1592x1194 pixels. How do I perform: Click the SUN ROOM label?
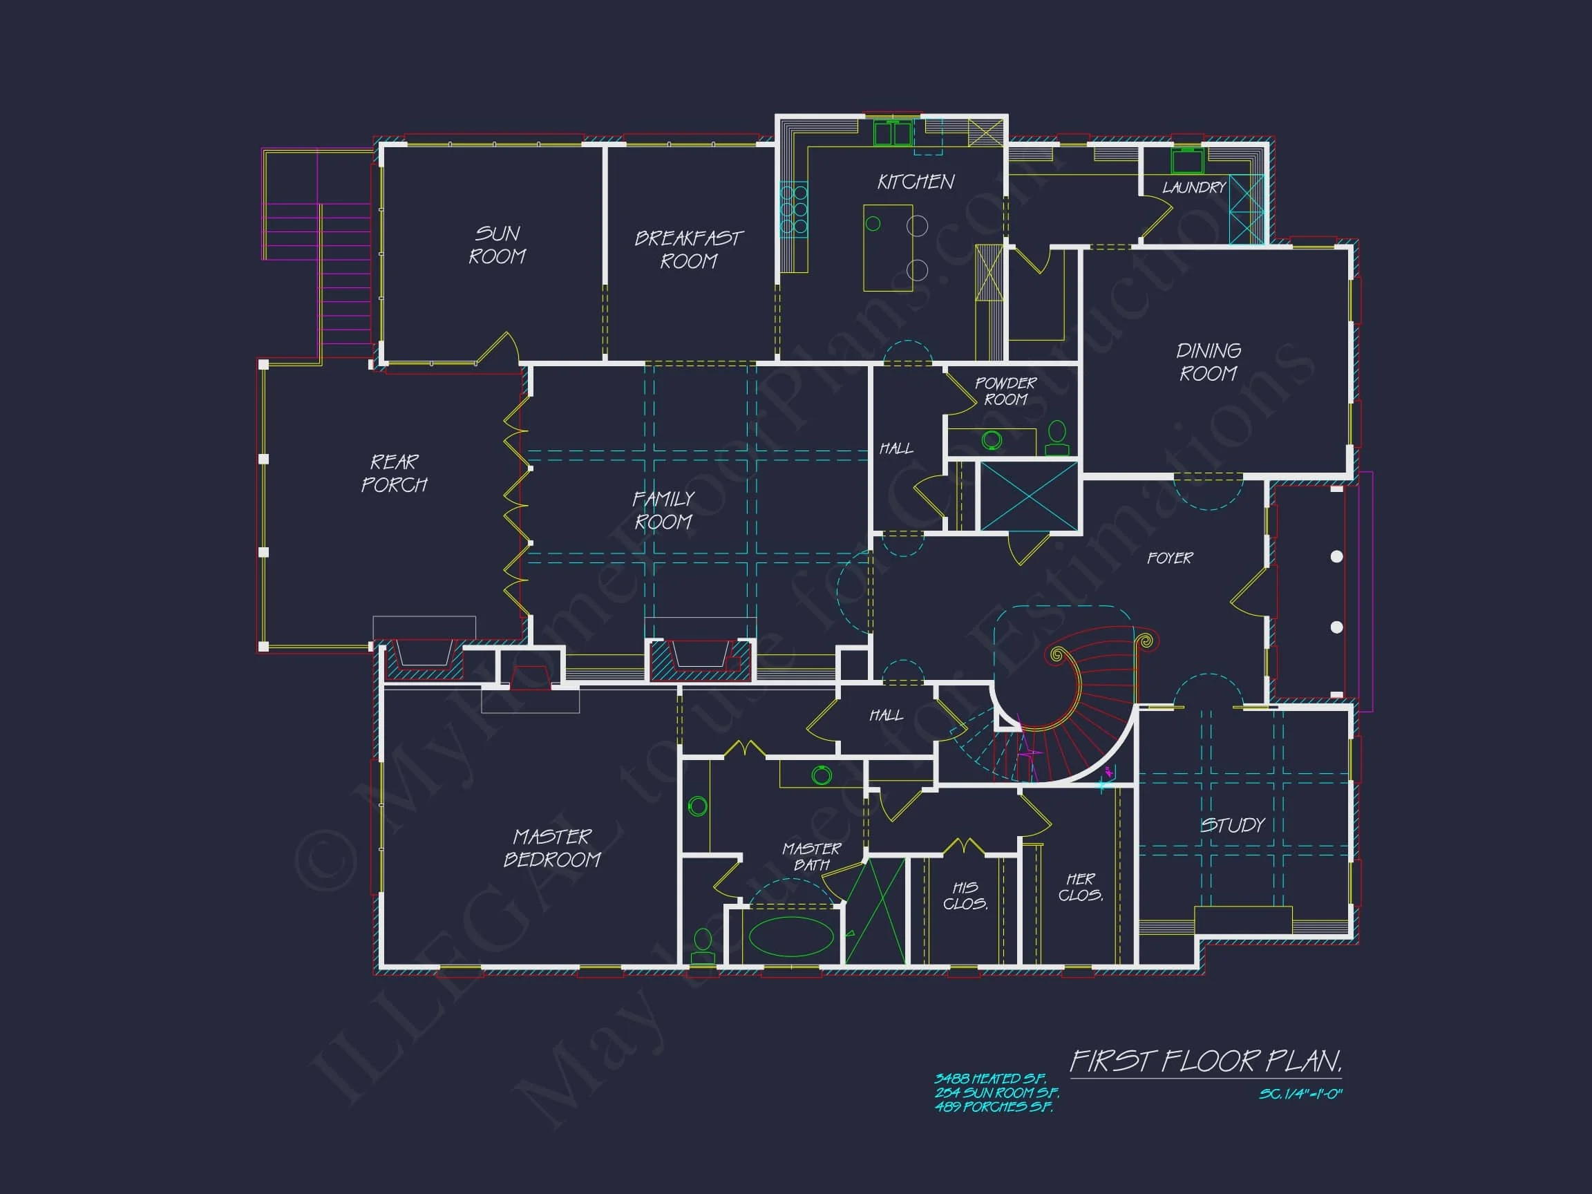(497, 245)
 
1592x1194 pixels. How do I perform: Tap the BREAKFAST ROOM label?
(689, 249)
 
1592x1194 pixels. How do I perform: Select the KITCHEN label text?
(916, 182)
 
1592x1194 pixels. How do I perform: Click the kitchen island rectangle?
(888, 247)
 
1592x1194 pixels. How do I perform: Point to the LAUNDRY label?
(1194, 188)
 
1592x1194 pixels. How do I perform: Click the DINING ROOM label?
(1209, 362)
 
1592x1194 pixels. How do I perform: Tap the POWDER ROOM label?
(1005, 391)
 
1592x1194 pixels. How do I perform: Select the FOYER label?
(1170, 558)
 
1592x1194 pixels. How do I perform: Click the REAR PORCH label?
(394, 473)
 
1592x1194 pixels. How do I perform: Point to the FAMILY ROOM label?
(663, 510)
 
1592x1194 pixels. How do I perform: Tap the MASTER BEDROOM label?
(552, 848)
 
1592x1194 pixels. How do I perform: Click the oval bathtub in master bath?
(791, 936)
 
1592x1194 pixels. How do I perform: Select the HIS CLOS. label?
(965, 895)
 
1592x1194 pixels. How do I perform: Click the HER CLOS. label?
(1080, 887)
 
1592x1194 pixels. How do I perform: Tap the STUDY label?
(1233, 825)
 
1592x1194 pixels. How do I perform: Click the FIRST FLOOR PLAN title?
(1206, 1061)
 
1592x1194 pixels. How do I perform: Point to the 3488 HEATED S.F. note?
(989, 1079)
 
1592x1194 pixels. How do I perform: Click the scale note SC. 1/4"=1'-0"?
(1300, 1094)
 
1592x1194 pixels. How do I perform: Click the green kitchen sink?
(893, 134)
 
